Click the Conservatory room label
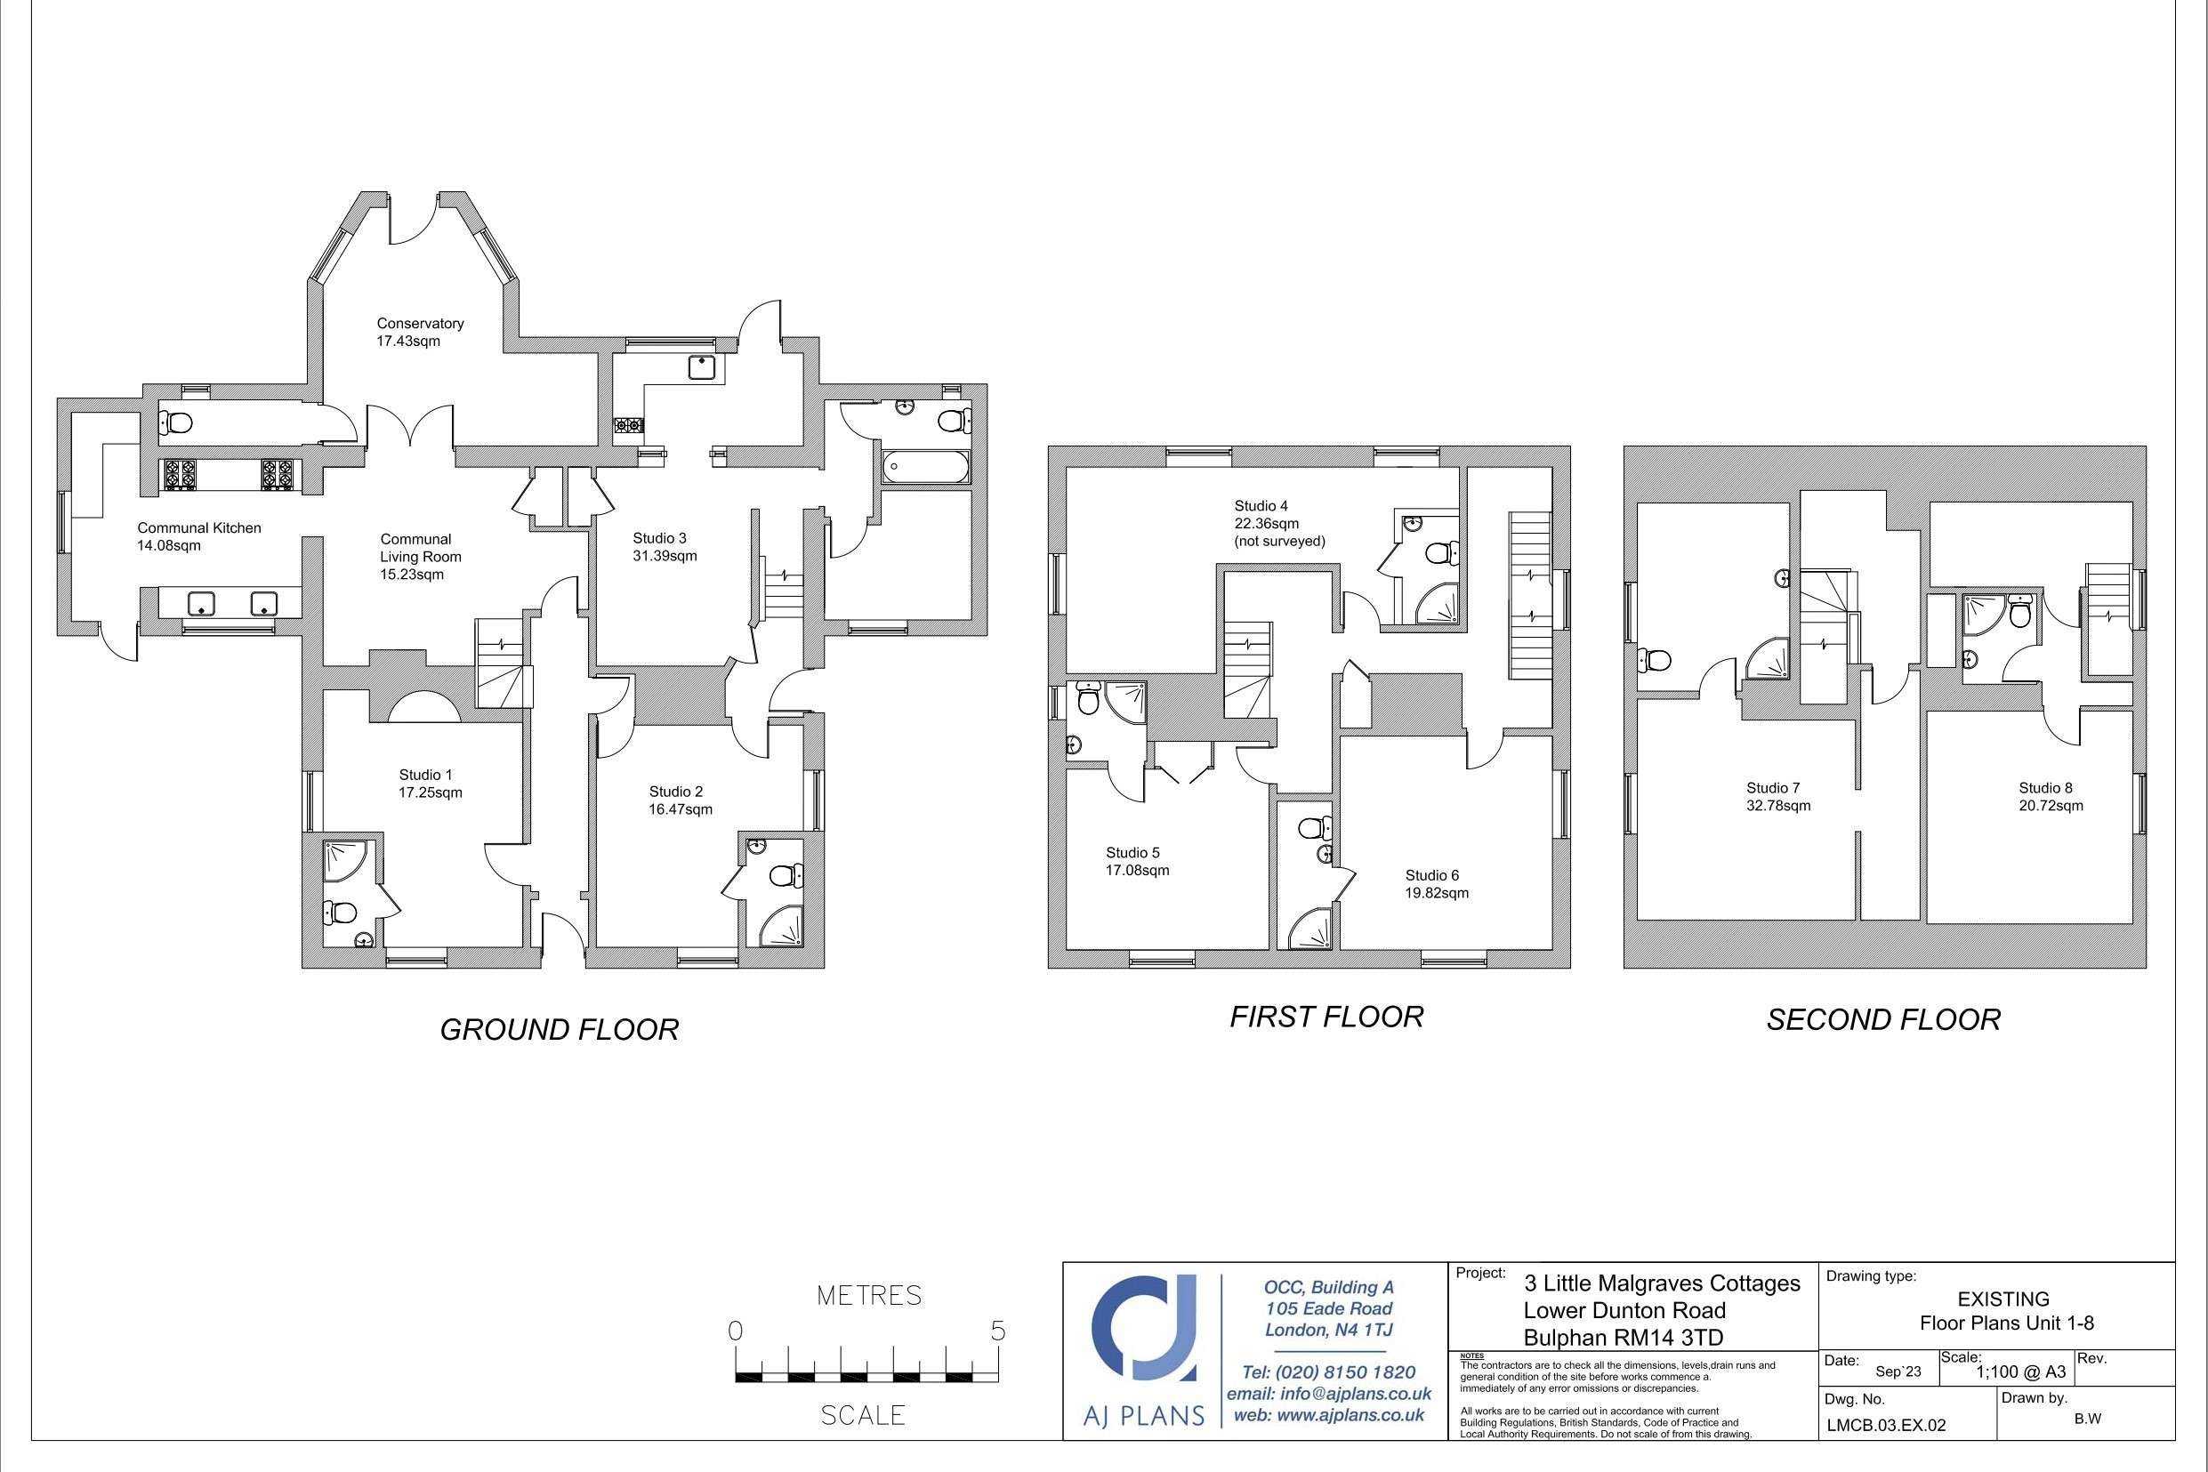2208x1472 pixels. (x=420, y=323)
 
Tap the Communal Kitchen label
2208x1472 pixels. (x=199, y=527)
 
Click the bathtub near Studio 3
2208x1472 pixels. (x=923, y=468)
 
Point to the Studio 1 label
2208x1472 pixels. (x=425, y=775)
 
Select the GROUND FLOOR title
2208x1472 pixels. (x=559, y=1030)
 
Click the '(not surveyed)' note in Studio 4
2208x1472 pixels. (x=1278, y=542)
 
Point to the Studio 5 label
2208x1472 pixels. (x=1132, y=852)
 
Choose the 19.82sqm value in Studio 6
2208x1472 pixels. (x=1437, y=893)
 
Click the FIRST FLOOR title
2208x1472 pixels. (x=1326, y=1017)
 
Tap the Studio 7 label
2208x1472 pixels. (x=1772, y=788)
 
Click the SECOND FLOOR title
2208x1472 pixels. (x=1883, y=1019)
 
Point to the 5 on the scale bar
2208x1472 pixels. (x=997, y=1331)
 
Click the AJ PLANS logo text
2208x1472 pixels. (x=1144, y=1416)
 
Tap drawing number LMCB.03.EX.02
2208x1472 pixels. (x=1885, y=1425)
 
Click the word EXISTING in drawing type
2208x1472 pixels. (x=2003, y=1299)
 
